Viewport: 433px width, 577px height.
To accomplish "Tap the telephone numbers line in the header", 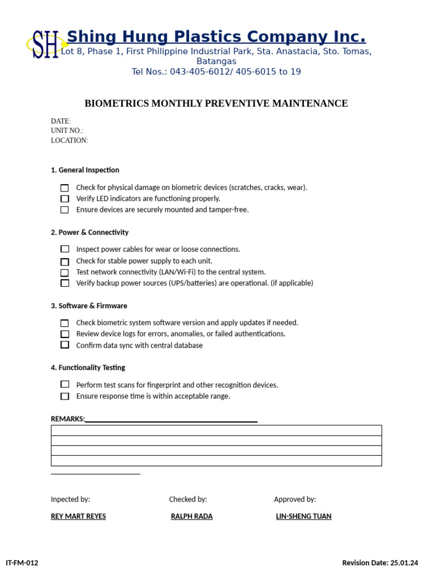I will coord(216,72).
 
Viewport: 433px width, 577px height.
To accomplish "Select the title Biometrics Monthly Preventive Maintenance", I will coord(216,104).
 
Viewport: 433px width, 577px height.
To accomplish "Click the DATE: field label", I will coord(61,121).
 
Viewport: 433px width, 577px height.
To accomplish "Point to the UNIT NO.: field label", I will coord(67,131).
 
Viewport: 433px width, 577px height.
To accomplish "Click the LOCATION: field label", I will coord(69,140).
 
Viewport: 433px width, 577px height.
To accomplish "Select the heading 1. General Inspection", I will coord(85,170).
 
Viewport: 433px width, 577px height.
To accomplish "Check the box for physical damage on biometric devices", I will coord(65,188).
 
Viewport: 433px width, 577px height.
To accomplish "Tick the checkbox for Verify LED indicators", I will coord(65,199).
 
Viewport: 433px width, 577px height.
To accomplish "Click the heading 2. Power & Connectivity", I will coord(90,232).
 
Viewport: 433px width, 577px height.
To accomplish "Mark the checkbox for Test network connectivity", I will coord(65,273).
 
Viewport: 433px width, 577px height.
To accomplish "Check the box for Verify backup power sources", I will coord(65,283).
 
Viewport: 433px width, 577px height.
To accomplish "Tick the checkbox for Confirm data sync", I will coord(65,345).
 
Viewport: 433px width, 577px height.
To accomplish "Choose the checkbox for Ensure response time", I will coord(65,396).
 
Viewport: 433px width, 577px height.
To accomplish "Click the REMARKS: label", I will coord(68,419).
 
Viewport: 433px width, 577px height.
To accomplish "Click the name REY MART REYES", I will coord(78,516).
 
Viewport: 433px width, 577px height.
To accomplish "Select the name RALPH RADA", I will coord(192,516).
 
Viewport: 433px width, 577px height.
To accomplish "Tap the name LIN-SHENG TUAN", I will coord(303,516).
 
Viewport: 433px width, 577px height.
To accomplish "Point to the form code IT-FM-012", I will coord(22,562).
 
